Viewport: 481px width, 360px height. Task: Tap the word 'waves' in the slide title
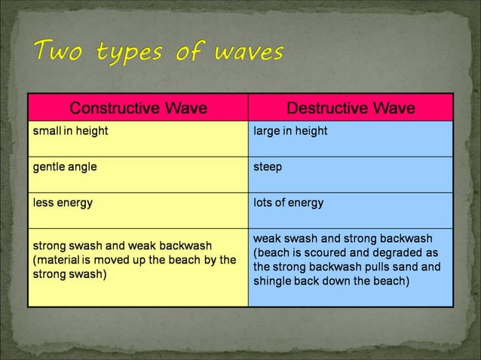pyautogui.click(x=250, y=53)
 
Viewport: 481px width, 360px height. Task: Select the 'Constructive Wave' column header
pyautogui.click(x=138, y=108)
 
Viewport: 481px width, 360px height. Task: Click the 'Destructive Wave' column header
pyautogui.click(x=351, y=108)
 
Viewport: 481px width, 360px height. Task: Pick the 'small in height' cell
pyautogui.click(x=70, y=131)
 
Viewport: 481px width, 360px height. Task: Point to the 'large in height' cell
pyautogui.click(x=290, y=131)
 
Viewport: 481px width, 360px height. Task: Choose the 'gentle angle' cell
pyautogui.click(x=64, y=167)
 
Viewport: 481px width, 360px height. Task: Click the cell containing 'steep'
pyautogui.click(x=268, y=167)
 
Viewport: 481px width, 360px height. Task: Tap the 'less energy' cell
pyautogui.click(x=63, y=203)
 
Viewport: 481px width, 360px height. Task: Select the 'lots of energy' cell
pyautogui.click(x=289, y=203)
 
